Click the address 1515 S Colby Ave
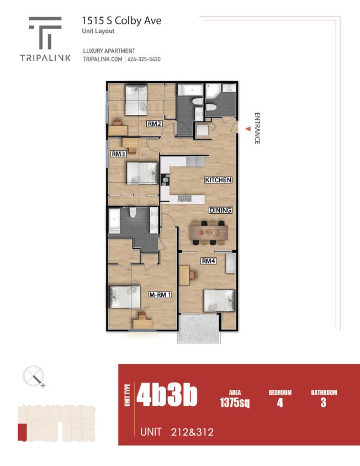point(121,20)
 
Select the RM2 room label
point(154,124)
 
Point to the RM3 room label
point(118,154)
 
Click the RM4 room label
point(208,261)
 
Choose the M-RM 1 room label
point(160,295)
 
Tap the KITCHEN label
point(218,180)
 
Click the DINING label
point(220,210)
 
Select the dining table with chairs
point(209,231)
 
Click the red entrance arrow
point(248,129)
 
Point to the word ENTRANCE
point(257,129)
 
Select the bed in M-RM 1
point(124,298)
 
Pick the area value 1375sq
point(235,403)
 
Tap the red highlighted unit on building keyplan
point(22,432)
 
